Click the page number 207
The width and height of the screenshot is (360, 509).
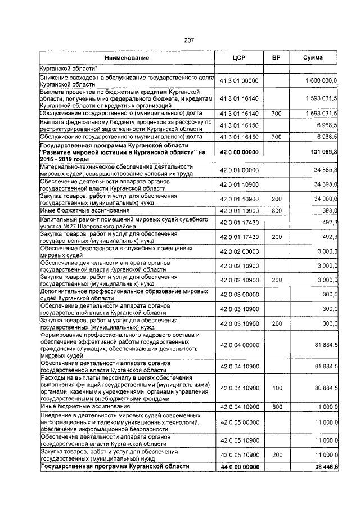(188, 40)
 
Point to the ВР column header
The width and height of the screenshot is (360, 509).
(276, 58)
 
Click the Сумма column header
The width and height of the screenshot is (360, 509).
(313, 58)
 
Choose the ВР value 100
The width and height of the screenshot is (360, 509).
(276, 388)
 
